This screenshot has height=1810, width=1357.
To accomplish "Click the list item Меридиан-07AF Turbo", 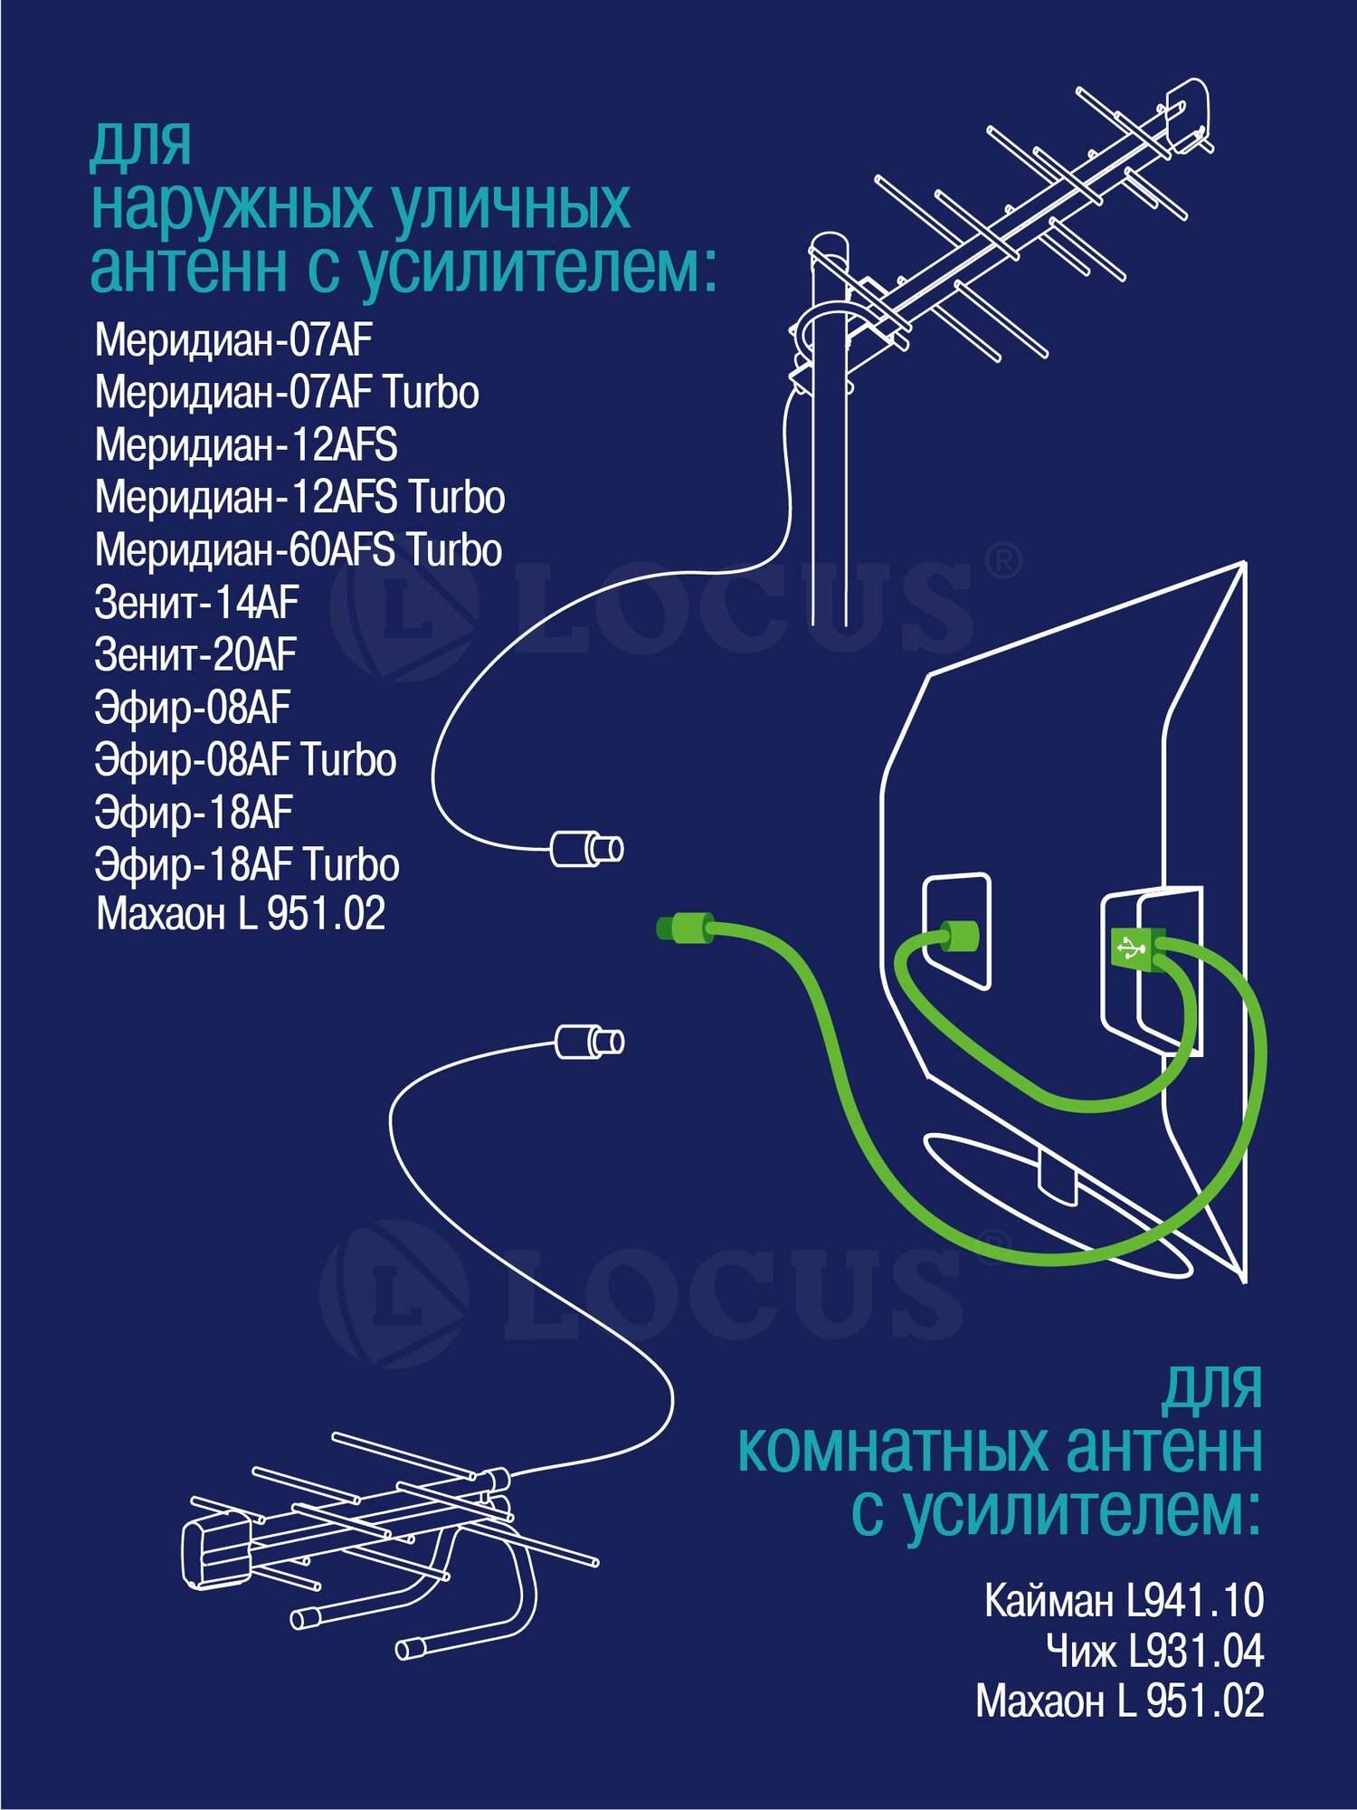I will click(287, 393).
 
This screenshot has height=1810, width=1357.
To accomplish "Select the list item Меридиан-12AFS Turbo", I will click(299, 498).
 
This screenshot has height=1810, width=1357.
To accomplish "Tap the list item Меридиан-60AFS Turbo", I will click(298, 550).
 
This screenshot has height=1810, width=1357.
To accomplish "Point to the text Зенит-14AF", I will click(196, 603).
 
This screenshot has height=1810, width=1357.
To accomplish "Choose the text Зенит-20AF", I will click(195, 655).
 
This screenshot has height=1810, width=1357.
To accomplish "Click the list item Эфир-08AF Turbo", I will click(245, 760).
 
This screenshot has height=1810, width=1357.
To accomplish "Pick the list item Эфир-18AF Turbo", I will click(247, 865).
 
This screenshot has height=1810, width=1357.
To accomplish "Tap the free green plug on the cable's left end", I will click(685, 929).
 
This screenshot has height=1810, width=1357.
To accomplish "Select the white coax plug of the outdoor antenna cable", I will click(586, 849).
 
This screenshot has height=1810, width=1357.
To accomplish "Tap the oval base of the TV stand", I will click(1058, 1204).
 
